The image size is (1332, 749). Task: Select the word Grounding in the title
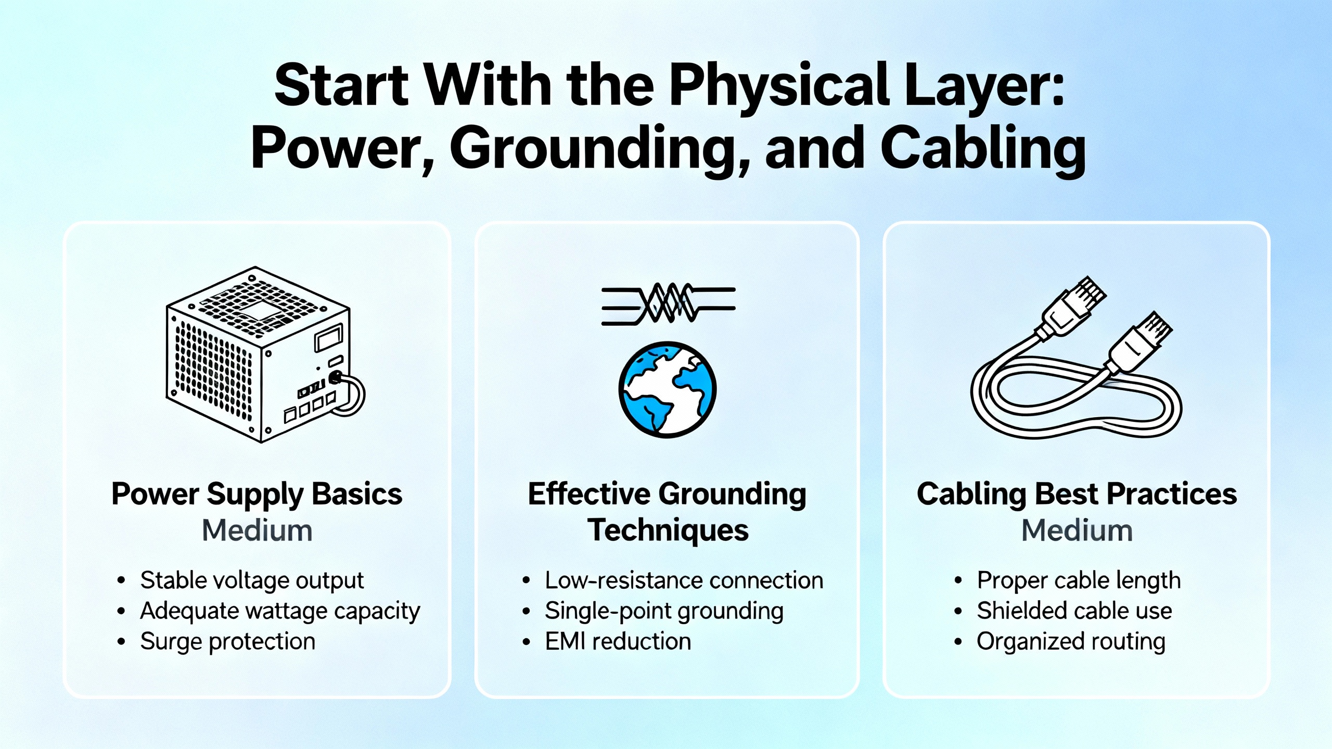pyautogui.click(x=600, y=149)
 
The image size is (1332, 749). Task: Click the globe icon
pyautogui.click(x=667, y=389)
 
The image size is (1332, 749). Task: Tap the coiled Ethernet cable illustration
pyautogui.click(x=1076, y=359)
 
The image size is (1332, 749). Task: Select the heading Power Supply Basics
pyautogui.click(x=257, y=494)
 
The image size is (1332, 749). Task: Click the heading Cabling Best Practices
pyautogui.click(x=1077, y=494)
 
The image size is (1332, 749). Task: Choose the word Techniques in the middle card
pyautogui.click(x=668, y=531)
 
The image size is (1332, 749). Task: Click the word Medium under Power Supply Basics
pyautogui.click(x=257, y=531)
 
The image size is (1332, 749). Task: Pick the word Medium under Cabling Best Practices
pyautogui.click(x=1077, y=531)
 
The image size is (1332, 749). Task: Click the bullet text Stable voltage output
pyautogui.click(x=252, y=580)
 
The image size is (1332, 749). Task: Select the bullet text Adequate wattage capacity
pyautogui.click(x=280, y=611)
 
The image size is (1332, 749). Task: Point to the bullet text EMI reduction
pyautogui.click(x=618, y=641)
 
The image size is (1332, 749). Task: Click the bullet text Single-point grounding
pyautogui.click(x=664, y=611)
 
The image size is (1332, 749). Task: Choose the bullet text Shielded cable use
pyautogui.click(x=1074, y=611)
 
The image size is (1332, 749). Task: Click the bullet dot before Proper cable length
pyautogui.click(x=958, y=581)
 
